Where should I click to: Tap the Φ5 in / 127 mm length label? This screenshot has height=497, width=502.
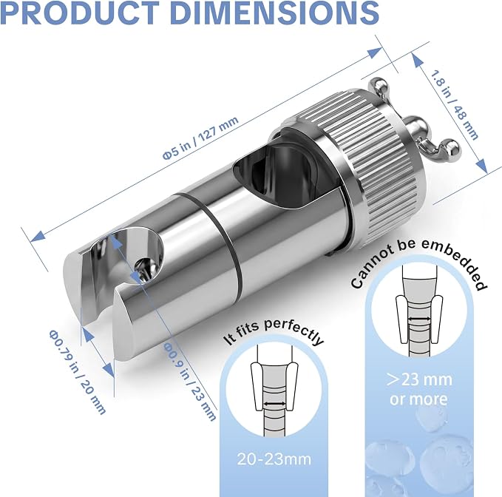tap(201, 138)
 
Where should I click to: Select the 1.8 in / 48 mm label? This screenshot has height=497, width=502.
tap(454, 105)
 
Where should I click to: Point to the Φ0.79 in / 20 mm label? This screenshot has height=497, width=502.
tap(77, 372)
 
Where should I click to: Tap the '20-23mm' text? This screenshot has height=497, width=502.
tap(274, 459)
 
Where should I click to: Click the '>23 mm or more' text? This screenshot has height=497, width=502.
tap(418, 389)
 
